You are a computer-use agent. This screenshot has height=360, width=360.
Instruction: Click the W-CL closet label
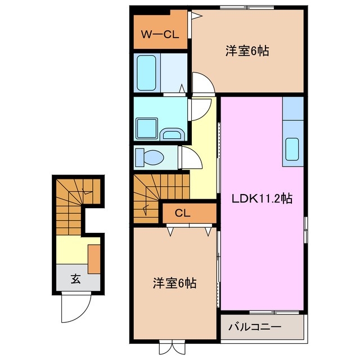159,34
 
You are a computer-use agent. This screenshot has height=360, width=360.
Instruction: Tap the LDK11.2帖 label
263,198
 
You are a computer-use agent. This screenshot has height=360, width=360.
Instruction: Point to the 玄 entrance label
75,278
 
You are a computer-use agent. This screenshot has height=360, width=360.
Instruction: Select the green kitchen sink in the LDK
292,148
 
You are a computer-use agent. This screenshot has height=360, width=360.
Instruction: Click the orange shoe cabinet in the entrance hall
94,256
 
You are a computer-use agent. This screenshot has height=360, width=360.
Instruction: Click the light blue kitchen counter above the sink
292,109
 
